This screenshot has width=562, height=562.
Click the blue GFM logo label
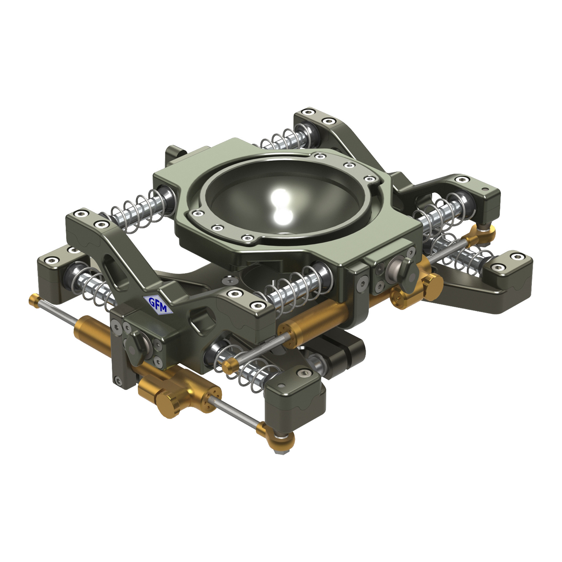coord(158,304)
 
